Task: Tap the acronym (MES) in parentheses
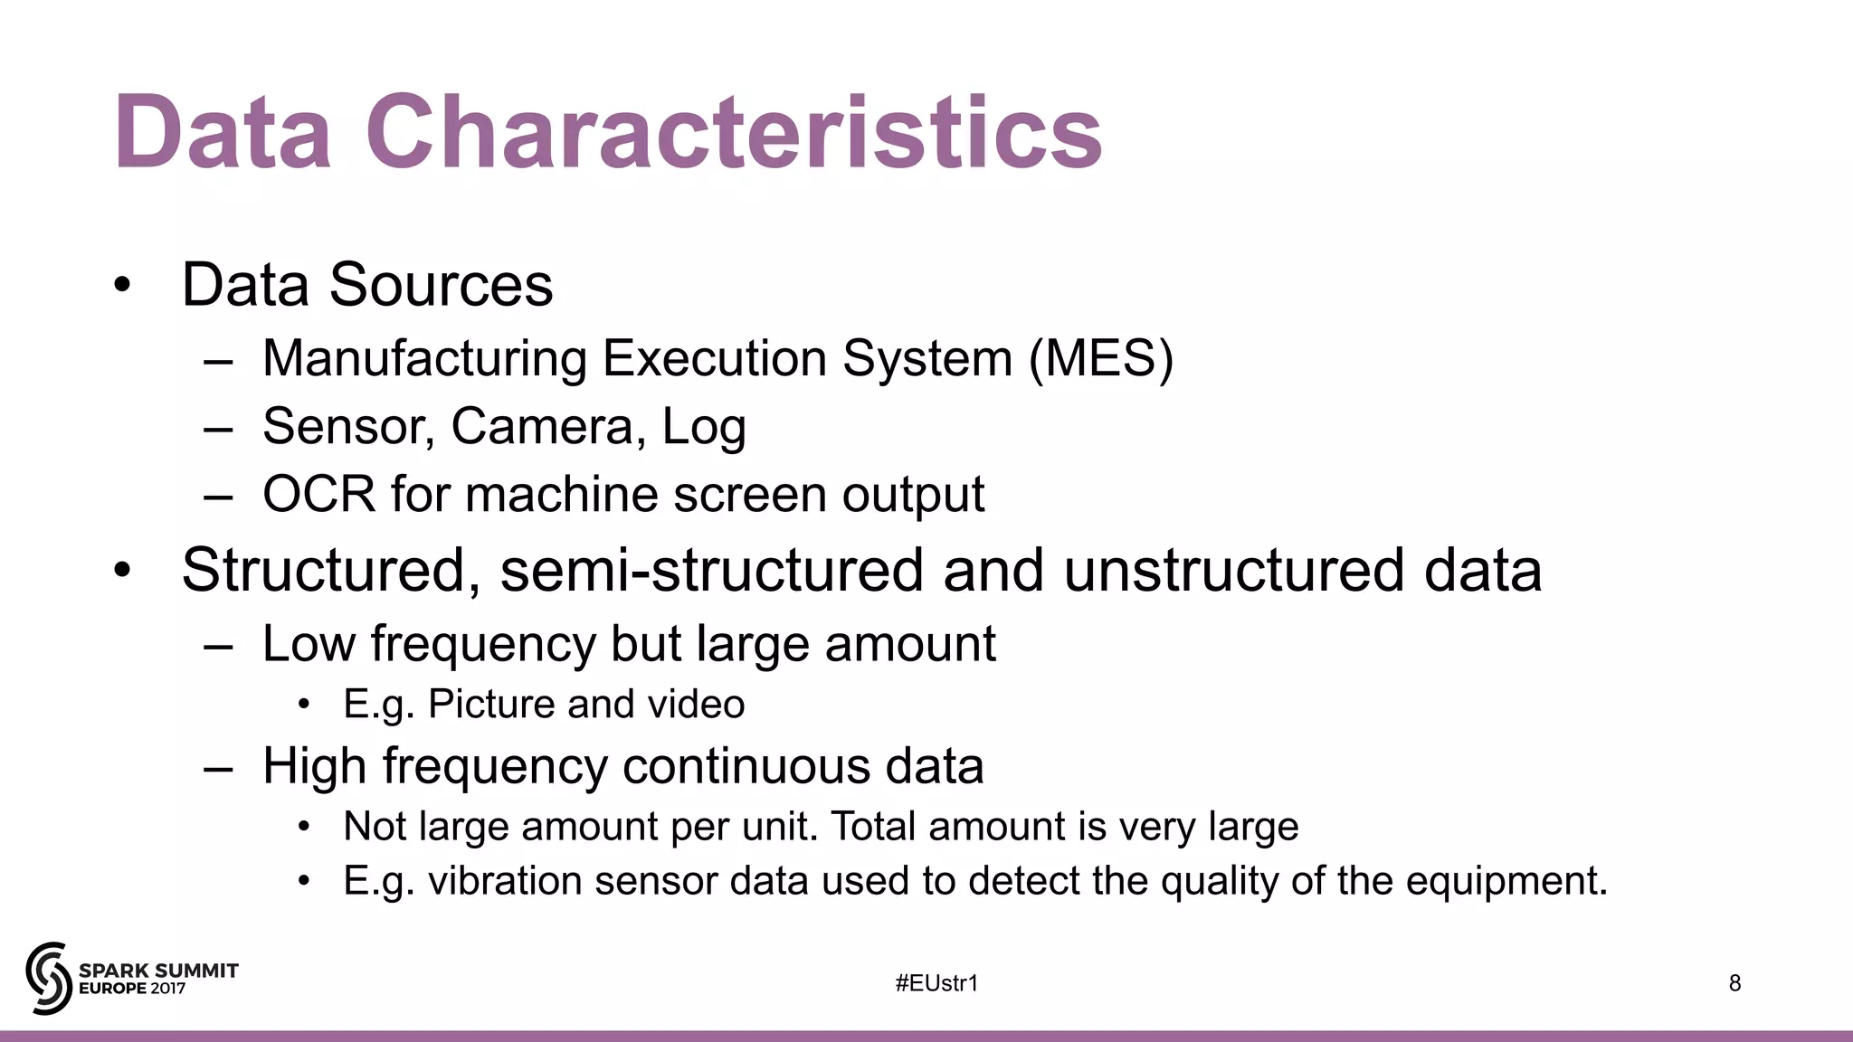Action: (1100, 358)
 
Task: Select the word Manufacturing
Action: (424, 358)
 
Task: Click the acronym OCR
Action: (318, 494)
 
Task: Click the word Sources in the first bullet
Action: (441, 285)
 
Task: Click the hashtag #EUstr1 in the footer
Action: (936, 983)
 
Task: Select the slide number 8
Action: (1734, 983)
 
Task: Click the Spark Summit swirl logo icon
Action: (48, 978)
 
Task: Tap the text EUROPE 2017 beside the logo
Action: (132, 989)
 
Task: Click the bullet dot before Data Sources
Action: (122, 286)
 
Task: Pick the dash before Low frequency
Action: (218, 646)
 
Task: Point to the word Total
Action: (872, 827)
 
